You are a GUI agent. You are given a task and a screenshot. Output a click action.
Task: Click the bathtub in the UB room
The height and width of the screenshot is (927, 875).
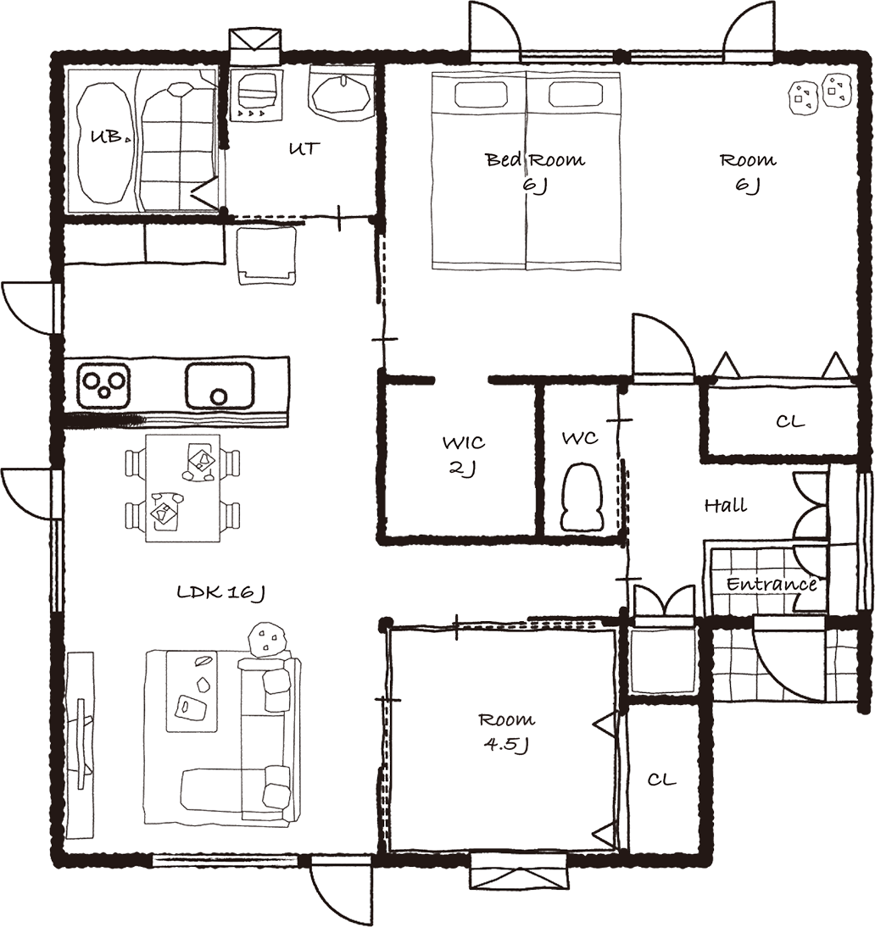point(104,144)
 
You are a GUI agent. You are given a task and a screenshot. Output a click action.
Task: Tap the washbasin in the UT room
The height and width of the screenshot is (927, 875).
point(341,94)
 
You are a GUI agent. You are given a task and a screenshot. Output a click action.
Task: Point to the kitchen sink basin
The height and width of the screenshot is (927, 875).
point(220,386)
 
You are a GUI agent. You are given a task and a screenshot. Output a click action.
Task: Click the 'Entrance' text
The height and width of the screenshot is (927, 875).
point(772,585)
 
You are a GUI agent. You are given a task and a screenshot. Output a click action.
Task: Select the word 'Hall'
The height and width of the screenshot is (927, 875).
point(725,506)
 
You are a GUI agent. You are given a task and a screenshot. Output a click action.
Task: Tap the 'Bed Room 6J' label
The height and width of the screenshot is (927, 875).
point(535,172)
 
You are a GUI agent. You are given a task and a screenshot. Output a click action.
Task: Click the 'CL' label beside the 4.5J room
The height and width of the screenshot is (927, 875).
point(661,780)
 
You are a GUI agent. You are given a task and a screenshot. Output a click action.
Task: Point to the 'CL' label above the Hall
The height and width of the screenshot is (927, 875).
point(790,421)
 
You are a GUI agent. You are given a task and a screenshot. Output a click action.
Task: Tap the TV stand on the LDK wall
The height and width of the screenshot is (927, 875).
point(80,744)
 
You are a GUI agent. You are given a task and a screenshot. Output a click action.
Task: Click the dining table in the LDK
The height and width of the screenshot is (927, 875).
point(183,488)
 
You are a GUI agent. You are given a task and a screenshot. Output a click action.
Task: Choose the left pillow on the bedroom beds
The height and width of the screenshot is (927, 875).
point(480,93)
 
